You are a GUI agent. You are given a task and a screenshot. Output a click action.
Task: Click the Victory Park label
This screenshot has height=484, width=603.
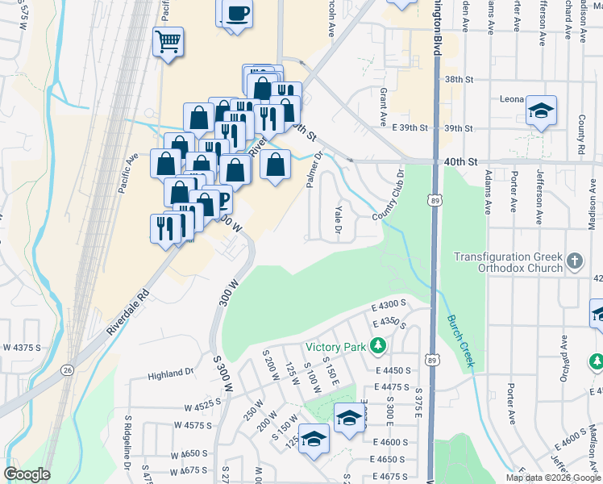tap(335, 348)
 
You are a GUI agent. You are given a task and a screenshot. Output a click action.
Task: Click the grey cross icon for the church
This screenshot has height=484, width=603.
tap(574, 261)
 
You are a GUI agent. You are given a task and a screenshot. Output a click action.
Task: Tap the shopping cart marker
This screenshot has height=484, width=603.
tap(168, 41)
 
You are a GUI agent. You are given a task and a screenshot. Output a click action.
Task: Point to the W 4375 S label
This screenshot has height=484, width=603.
tap(22, 348)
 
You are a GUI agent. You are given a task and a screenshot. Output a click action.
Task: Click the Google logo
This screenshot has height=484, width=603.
tap(27, 474)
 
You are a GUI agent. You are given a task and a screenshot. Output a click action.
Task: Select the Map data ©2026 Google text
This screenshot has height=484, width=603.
tap(552, 478)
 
